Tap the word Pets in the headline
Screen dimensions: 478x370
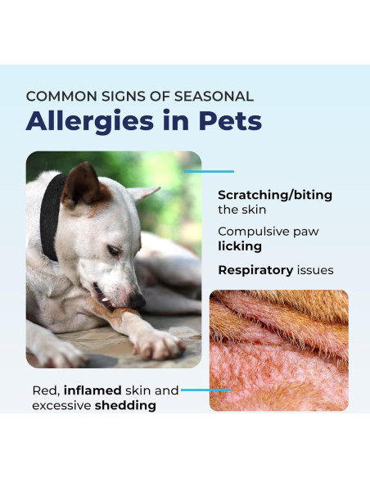(229, 121)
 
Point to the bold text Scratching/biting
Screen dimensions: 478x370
(275, 195)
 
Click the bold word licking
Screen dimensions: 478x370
(240, 246)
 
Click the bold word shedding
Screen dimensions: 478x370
(125, 405)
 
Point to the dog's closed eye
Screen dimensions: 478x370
(112, 250)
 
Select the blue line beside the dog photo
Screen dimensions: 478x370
(210, 172)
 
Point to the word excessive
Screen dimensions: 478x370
(61, 405)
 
